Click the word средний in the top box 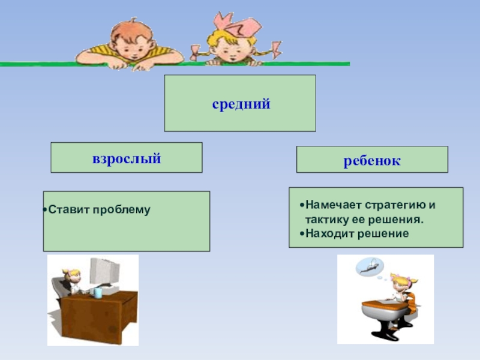pyautogui.click(x=241, y=104)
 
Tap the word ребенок pyautogui.click(x=372, y=161)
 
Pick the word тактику pyautogui.click(x=325, y=219)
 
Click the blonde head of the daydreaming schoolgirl pyautogui.click(x=398, y=281)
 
